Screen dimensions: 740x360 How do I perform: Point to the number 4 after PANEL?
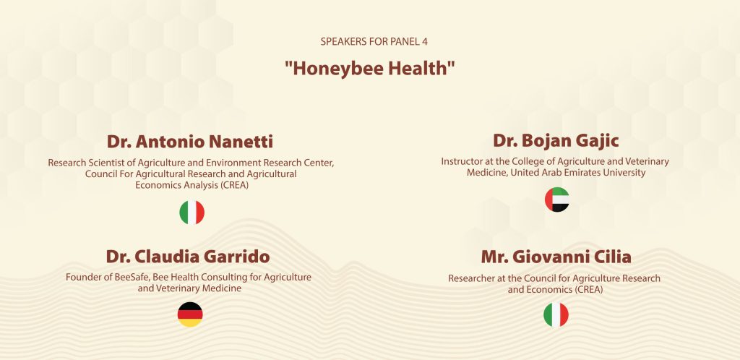[425, 41]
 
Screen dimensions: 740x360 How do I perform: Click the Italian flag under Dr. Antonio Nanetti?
[192, 213]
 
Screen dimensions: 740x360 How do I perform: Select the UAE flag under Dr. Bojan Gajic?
[557, 200]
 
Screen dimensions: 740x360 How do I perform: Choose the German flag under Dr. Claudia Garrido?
[190, 314]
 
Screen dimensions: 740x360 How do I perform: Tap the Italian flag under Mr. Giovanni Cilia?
[556, 315]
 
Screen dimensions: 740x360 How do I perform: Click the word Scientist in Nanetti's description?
[108, 163]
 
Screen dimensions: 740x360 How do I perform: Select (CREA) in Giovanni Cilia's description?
[589, 290]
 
